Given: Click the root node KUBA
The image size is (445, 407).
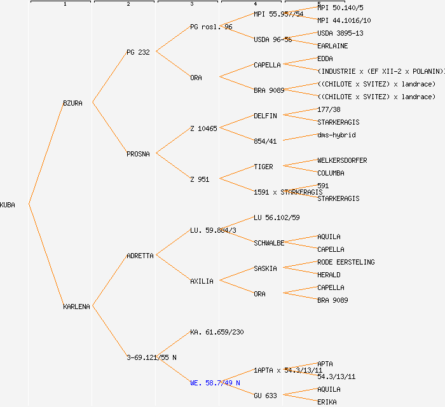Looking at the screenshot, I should (8, 205).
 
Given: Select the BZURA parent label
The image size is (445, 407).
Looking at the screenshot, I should (72, 103).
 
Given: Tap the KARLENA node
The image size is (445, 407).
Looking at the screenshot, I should (76, 307).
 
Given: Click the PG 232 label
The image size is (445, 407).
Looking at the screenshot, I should (138, 52).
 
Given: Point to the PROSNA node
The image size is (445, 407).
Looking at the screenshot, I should (138, 154).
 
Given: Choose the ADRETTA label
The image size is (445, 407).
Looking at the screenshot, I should (140, 256).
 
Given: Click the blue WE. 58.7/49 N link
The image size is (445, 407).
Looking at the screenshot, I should (215, 383).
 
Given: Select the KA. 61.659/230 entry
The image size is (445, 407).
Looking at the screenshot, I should (217, 332).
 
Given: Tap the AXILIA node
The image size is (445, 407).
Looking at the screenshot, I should (202, 281).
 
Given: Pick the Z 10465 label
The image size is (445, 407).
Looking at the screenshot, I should (203, 128).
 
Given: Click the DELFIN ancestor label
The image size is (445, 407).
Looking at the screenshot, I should (265, 116).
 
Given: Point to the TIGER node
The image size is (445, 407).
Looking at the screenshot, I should (263, 167).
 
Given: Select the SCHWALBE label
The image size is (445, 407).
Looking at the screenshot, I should (269, 243).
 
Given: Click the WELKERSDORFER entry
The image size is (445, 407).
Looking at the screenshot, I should (342, 160).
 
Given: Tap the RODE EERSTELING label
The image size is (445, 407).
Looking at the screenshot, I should (346, 262).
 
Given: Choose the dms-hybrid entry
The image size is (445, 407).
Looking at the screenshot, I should (336, 135).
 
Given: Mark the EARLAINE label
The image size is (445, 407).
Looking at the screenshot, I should (332, 46).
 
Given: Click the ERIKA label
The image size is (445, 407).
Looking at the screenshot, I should (327, 402).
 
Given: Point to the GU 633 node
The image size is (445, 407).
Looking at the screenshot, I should (265, 396).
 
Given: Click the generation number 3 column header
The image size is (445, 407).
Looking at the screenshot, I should (191, 4).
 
